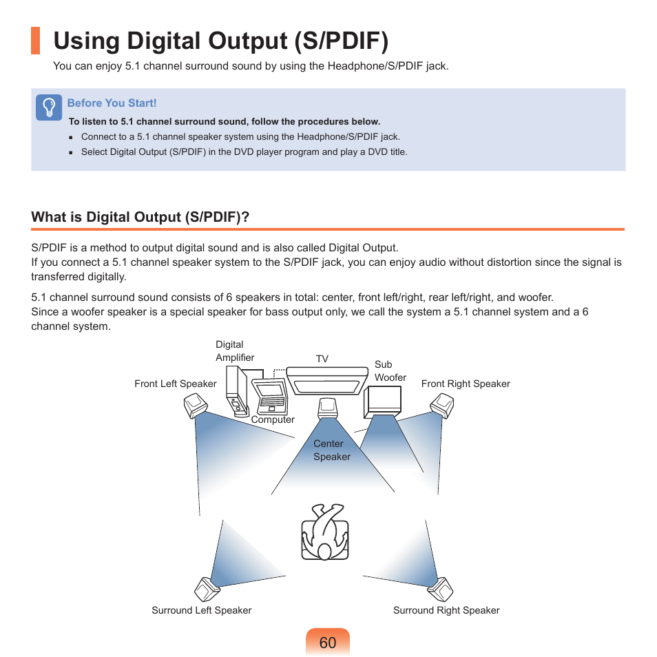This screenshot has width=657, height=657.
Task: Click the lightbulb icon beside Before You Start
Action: (49, 108)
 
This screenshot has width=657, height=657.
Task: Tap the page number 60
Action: (328, 643)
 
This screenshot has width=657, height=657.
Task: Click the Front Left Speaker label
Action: (175, 384)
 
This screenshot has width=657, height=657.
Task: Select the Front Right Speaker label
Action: (466, 384)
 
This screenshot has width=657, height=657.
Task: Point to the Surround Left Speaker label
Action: (201, 610)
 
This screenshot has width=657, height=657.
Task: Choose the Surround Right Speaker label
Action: (446, 610)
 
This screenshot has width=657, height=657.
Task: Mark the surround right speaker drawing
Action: (441, 590)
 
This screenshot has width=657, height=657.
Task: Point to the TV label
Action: (322, 359)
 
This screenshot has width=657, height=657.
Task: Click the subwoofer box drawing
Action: (382, 401)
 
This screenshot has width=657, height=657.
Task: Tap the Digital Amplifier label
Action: (235, 351)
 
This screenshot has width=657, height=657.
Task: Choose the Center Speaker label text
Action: (331, 450)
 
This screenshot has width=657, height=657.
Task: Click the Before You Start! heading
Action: (112, 103)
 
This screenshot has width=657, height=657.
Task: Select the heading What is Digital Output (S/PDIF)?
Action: (140, 218)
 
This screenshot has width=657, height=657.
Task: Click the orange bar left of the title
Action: (35, 41)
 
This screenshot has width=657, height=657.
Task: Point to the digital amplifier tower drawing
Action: (237, 393)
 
